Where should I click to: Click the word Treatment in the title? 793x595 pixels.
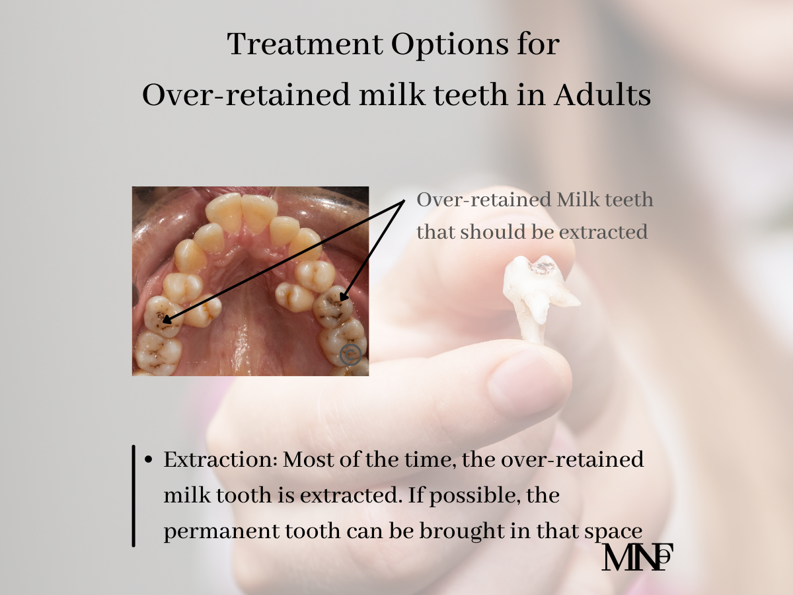305,44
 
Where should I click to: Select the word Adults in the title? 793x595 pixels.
602,95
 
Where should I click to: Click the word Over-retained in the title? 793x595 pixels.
246,95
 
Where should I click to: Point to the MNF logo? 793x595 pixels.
637,557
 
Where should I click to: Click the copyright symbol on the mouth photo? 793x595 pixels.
350,354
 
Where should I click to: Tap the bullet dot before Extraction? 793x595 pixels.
148,459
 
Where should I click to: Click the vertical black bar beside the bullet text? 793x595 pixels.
133,496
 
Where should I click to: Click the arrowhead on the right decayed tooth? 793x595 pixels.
342,296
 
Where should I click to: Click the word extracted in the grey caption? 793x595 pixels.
603,232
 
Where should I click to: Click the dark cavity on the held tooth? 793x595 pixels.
541,268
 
